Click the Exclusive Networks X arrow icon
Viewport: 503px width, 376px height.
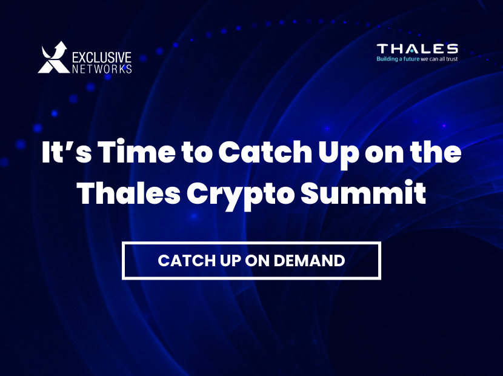pos(53,58)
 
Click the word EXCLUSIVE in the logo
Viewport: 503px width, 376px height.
pos(102,58)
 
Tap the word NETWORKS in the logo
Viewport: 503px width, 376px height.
pos(102,69)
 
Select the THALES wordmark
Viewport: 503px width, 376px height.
pos(417,49)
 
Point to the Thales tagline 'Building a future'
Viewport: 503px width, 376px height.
pos(398,59)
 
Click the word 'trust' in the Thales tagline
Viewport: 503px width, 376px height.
pos(451,59)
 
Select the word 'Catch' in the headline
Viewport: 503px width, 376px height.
pos(265,151)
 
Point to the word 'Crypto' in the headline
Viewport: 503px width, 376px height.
pos(240,195)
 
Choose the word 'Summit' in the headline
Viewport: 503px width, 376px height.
pos(363,193)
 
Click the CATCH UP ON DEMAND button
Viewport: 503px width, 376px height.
pos(252,261)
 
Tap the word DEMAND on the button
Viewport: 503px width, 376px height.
pos(309,260)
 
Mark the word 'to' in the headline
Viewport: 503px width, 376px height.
pos(197,152)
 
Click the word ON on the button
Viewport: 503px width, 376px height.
pos(257,260)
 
